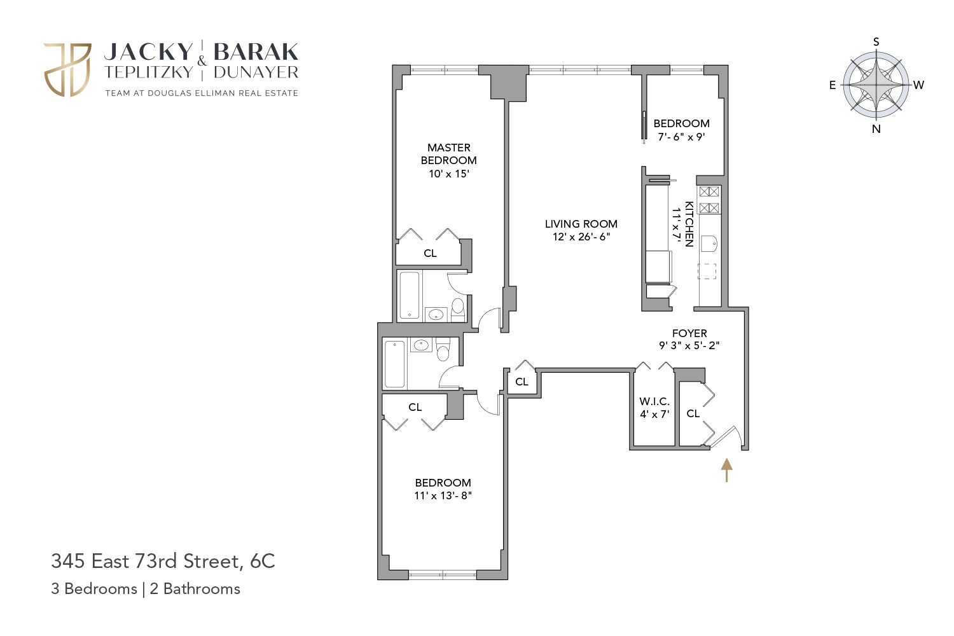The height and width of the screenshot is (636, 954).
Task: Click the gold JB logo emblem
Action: point(67,70)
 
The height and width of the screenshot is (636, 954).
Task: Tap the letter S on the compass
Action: point(876,42)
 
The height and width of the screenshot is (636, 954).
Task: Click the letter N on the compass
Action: point(876,128)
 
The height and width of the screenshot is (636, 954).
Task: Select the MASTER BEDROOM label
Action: point(448,154)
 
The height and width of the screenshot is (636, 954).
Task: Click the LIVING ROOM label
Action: point(581,224)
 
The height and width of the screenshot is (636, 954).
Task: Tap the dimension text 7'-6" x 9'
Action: point(681,137)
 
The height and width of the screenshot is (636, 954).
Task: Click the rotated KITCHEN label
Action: point(689,224)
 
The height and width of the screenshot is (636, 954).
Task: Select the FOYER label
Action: point(689,333)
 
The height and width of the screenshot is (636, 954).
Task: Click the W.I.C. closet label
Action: point(654,401)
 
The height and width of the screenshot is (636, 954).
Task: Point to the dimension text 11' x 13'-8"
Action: point(443,496)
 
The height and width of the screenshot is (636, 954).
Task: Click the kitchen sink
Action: point(709,244)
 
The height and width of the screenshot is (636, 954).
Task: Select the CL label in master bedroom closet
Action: point(430,253)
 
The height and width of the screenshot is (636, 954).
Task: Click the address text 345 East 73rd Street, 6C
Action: point(163,561)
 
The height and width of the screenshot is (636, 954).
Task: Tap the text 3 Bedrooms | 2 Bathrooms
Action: point(146,589)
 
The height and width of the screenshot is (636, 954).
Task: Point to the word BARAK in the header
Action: point(256,52)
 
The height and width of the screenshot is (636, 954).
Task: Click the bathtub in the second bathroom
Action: point(395,364)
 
